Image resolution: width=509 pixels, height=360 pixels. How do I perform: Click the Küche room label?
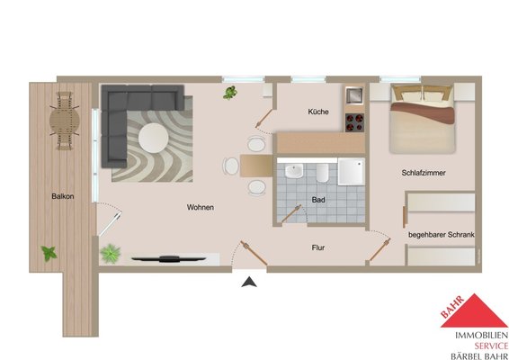[x=318, y=112]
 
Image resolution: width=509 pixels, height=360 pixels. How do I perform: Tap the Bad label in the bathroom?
[x=318, y=200]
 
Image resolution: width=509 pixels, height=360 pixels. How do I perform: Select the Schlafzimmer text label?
[x=424, y=173]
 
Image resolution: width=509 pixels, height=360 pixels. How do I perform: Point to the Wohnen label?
[x=201, y=207]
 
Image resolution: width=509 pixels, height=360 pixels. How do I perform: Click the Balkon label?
[x=63, y=196]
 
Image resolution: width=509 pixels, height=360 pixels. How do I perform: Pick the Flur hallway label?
[x=318, y=247]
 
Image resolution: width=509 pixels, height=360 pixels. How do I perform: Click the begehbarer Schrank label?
[x=442, y=235]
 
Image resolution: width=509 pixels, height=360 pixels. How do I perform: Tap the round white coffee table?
[x=154, y=138]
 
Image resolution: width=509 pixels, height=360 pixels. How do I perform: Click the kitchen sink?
[x=354, y=95]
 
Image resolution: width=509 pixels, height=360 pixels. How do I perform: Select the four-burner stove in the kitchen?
[x=354, y=122]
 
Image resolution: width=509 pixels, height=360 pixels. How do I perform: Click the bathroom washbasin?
[x=294, y=171]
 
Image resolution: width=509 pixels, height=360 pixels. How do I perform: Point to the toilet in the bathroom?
[x=322, y=173]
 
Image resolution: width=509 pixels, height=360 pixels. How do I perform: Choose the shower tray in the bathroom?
[x=352, y=172]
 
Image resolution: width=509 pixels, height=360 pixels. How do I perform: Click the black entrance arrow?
[x=249, y=282]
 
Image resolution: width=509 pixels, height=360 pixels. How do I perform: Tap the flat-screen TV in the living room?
[x=169, y=259]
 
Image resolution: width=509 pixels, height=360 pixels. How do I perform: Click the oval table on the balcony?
[x=64, y=121]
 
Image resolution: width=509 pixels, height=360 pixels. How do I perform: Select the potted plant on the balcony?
[x=49, y=253]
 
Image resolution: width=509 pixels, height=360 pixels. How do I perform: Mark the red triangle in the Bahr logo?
[x=475, y=310]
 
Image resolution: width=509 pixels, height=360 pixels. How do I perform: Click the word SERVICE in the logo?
[x=491, y=346]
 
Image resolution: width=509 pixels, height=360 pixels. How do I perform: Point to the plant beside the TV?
[x=111, y=254]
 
